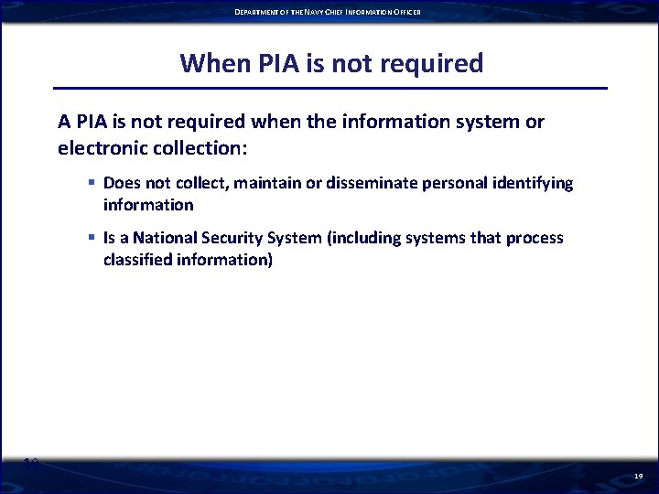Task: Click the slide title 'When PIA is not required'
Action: [x=331, y=63]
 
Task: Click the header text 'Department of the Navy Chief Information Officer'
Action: [x=328, y=12]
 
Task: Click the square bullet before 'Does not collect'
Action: [x=92, y=183]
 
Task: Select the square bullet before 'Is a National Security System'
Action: [x=92, y=238]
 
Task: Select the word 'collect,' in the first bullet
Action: [x=200, y=183]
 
